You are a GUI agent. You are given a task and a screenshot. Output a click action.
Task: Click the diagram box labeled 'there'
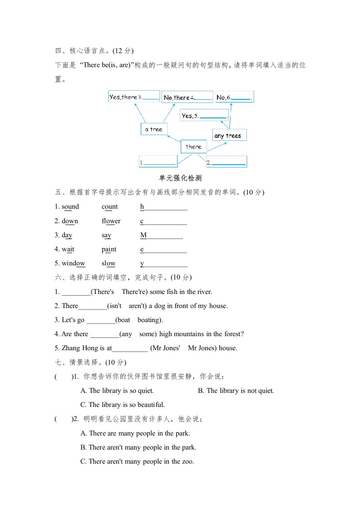[x=194, y=147]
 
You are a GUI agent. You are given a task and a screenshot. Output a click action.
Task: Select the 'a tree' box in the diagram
[x=154, y=129]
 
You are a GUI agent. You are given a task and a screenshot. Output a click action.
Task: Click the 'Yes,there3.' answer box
[x=134, y=97]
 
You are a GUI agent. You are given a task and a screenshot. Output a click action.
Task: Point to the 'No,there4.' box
[x=187, y=97]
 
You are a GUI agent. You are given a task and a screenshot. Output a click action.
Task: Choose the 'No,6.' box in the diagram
[x=234, y=97]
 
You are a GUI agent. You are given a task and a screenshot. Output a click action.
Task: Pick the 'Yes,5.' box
[x=204, y=116]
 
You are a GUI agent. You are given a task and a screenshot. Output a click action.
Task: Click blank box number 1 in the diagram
[x=157, y=162]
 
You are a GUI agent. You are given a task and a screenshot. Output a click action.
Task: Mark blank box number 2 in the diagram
[x=226, y=162]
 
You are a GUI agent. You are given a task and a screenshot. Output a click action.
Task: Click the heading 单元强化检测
[x=180, y=178]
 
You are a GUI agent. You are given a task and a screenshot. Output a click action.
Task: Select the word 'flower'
[x=111, y=221]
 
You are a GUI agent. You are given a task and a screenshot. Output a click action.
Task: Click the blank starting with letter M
[x=162, y=235]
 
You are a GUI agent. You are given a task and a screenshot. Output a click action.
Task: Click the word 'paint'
[x=109, y=250]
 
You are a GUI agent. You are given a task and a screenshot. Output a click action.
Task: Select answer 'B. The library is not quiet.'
[x=236, y=391]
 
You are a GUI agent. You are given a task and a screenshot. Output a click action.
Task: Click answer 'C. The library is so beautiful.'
[x=122, y=405]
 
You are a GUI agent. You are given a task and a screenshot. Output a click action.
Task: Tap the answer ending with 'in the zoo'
[x=137, y=462]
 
